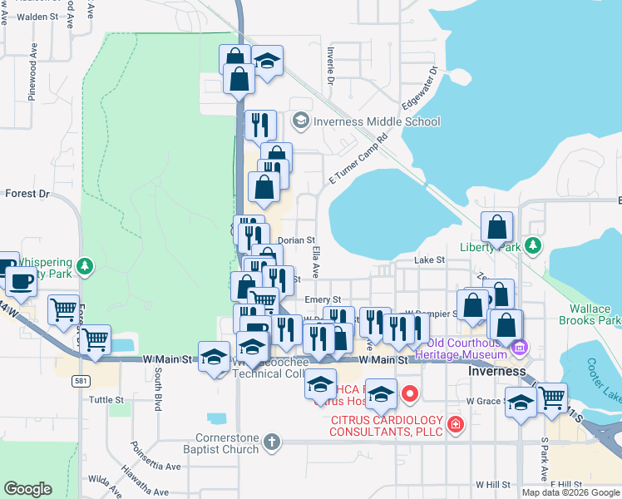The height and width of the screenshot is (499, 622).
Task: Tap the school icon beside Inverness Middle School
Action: (x=300, y=121)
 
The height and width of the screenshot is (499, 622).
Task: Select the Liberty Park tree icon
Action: (x=533, y=247)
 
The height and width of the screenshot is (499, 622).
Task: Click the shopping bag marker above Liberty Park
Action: (x=496, y=228)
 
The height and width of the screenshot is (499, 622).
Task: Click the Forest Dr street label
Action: (x=27, y=194)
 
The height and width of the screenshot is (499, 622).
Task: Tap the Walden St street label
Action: (x=35, y=16)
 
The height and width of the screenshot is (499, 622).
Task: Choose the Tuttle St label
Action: (x=106, y=399)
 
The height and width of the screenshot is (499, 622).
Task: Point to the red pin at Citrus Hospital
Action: (x=409, y=392)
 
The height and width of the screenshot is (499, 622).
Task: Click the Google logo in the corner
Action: (x=27, y=488)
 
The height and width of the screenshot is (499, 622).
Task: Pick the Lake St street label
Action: (x=430, y=260)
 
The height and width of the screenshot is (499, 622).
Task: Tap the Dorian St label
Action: (x=295, y=240)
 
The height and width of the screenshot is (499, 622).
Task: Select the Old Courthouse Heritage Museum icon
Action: (x=520, y=345)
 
